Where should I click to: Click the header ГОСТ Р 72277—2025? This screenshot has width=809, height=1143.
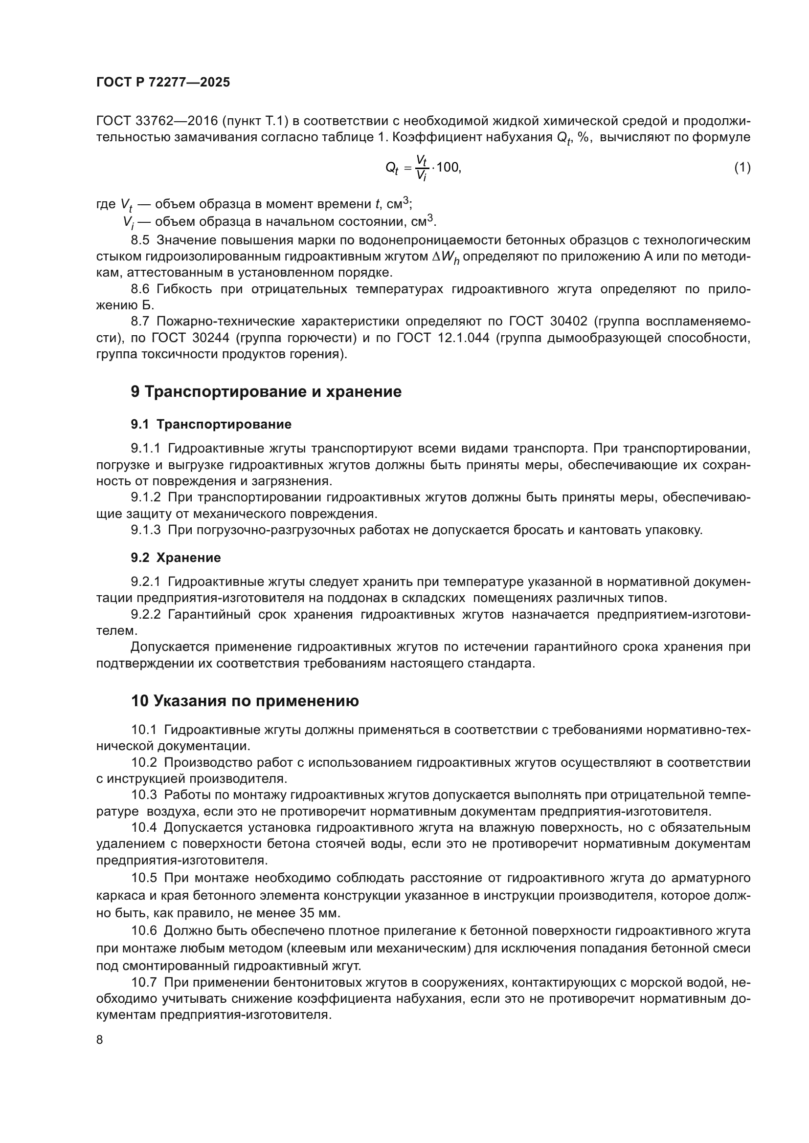tap(163, 83)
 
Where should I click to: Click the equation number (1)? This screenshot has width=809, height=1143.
tap(742, 167)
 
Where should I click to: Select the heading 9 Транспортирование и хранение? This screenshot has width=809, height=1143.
tap(266, 392)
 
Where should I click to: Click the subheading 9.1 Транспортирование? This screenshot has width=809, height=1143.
tap(211, 425)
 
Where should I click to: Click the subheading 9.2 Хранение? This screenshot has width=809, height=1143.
tap(176, 558)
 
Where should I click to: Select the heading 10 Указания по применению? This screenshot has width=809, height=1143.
tap(245, 701)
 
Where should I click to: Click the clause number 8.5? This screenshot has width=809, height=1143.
tap(140, 240)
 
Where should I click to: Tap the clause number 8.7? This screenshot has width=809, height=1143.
tap(140, 322)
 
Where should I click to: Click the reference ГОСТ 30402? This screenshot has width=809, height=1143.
tap(548, 322)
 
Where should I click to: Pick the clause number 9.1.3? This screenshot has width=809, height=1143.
tap(145, 530)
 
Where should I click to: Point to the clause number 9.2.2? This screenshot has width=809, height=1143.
tap(145, 614)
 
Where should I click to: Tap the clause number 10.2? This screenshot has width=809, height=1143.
tap(144, 762)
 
